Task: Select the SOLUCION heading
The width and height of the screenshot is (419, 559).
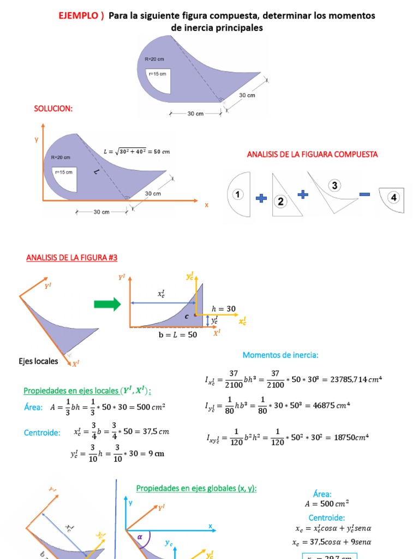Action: click(x=53, y=109)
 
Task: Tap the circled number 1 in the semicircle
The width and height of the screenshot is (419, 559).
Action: click(x=238, y=194)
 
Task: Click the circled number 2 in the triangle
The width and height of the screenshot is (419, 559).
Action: click(x=280, y=201)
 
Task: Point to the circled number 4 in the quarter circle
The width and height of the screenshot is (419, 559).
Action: click(x=394, y=197)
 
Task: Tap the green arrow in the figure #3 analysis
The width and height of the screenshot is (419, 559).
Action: click(x=107, y=305)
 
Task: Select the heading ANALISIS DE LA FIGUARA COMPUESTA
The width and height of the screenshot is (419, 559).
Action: click(x=312, y=154)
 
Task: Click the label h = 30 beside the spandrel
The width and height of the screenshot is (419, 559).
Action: click(x=224, y=308)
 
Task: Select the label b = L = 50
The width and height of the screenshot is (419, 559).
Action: click(x=178, y=335)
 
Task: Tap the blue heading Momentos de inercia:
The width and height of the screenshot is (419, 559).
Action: click(x=280, y=355)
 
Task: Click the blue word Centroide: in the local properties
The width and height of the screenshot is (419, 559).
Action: click(x=41, y=433)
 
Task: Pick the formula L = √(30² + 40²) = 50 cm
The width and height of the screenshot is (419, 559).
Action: click(x=136, y=151)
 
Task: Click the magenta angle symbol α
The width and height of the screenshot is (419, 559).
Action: click(x=140, y=537)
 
